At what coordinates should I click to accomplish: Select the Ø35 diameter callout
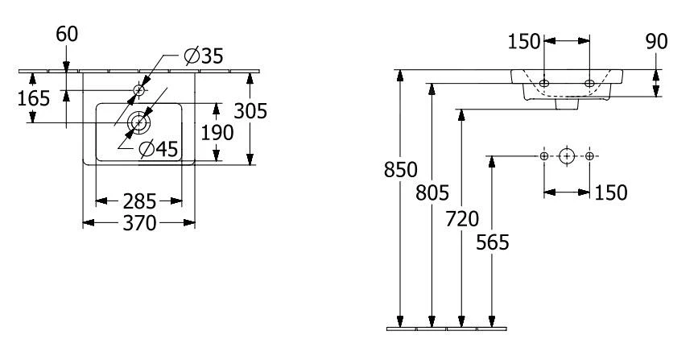[x=203, y=57]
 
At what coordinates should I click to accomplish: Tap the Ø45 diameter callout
[x=157, y=149]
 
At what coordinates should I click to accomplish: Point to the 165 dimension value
[x=34, y=98]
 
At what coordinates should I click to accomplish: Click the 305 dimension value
[x=250, y=111]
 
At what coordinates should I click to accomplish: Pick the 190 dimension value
[x=217, y=131]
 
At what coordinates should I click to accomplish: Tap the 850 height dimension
[x=400, y=170]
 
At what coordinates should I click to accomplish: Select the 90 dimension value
[x=658, y=40]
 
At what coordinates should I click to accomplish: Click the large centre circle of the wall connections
[x=568, y=155]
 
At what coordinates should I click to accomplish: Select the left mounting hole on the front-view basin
[x=545, y=83]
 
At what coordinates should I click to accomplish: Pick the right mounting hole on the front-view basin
[x=589, y=83]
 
